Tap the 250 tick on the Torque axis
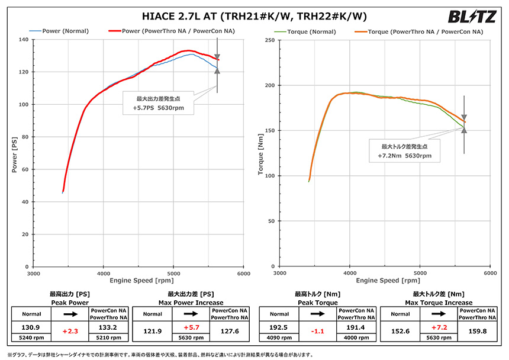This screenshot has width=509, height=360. pyautogui.click(x=270, y=40)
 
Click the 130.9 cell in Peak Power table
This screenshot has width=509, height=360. pyautogui.click(x=31, y=327)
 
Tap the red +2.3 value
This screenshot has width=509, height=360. pyautogui.click(x=70, y=332)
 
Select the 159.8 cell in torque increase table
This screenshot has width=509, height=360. pyautogui.click(x=475, y=327)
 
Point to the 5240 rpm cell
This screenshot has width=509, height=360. pyautogui.click(x=31, y=337)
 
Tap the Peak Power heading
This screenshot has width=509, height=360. pyautogui.click(x=70, y=303)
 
